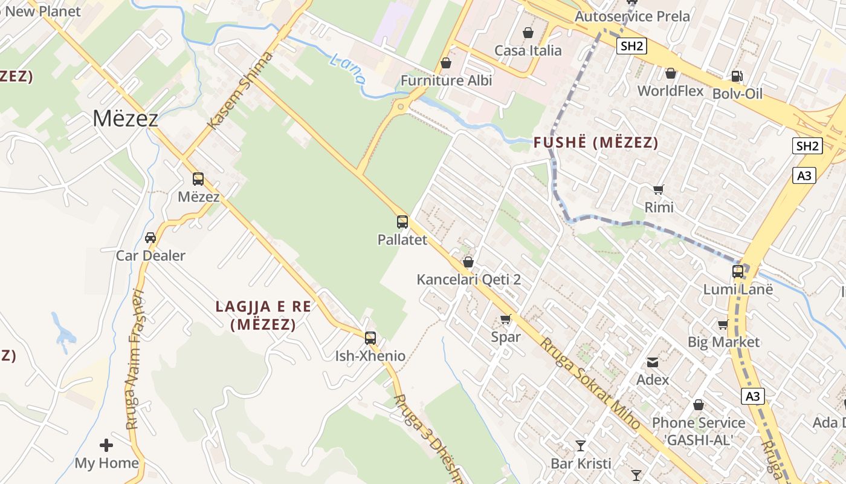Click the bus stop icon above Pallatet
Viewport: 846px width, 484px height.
pos(402,222)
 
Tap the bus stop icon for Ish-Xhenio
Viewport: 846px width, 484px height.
pos(370,338)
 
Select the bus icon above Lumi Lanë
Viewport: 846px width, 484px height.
pos(738,272)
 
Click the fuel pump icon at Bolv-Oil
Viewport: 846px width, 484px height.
pos(737,76)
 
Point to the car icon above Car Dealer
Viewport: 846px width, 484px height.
pos(150,238)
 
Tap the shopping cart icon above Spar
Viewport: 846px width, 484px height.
pos(505,319)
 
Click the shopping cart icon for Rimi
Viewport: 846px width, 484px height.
pos(659,189)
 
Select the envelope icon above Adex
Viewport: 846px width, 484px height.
pos(653,362)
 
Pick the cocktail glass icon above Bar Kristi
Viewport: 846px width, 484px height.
pos(581,446)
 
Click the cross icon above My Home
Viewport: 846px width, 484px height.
pos(106,446)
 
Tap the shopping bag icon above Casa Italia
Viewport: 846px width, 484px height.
pos(528,33)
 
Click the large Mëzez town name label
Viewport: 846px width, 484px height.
pos(125,119)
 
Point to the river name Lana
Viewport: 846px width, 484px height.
pos(349,68)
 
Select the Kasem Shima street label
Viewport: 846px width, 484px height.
pos(240,91)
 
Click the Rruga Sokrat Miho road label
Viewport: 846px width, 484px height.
pos(589,384)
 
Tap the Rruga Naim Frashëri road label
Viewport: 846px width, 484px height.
pos(134,360)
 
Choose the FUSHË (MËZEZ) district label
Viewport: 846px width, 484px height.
pos(596,143)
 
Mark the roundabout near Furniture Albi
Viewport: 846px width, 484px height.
pos(399,107)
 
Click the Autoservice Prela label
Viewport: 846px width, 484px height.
pos(632,16)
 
